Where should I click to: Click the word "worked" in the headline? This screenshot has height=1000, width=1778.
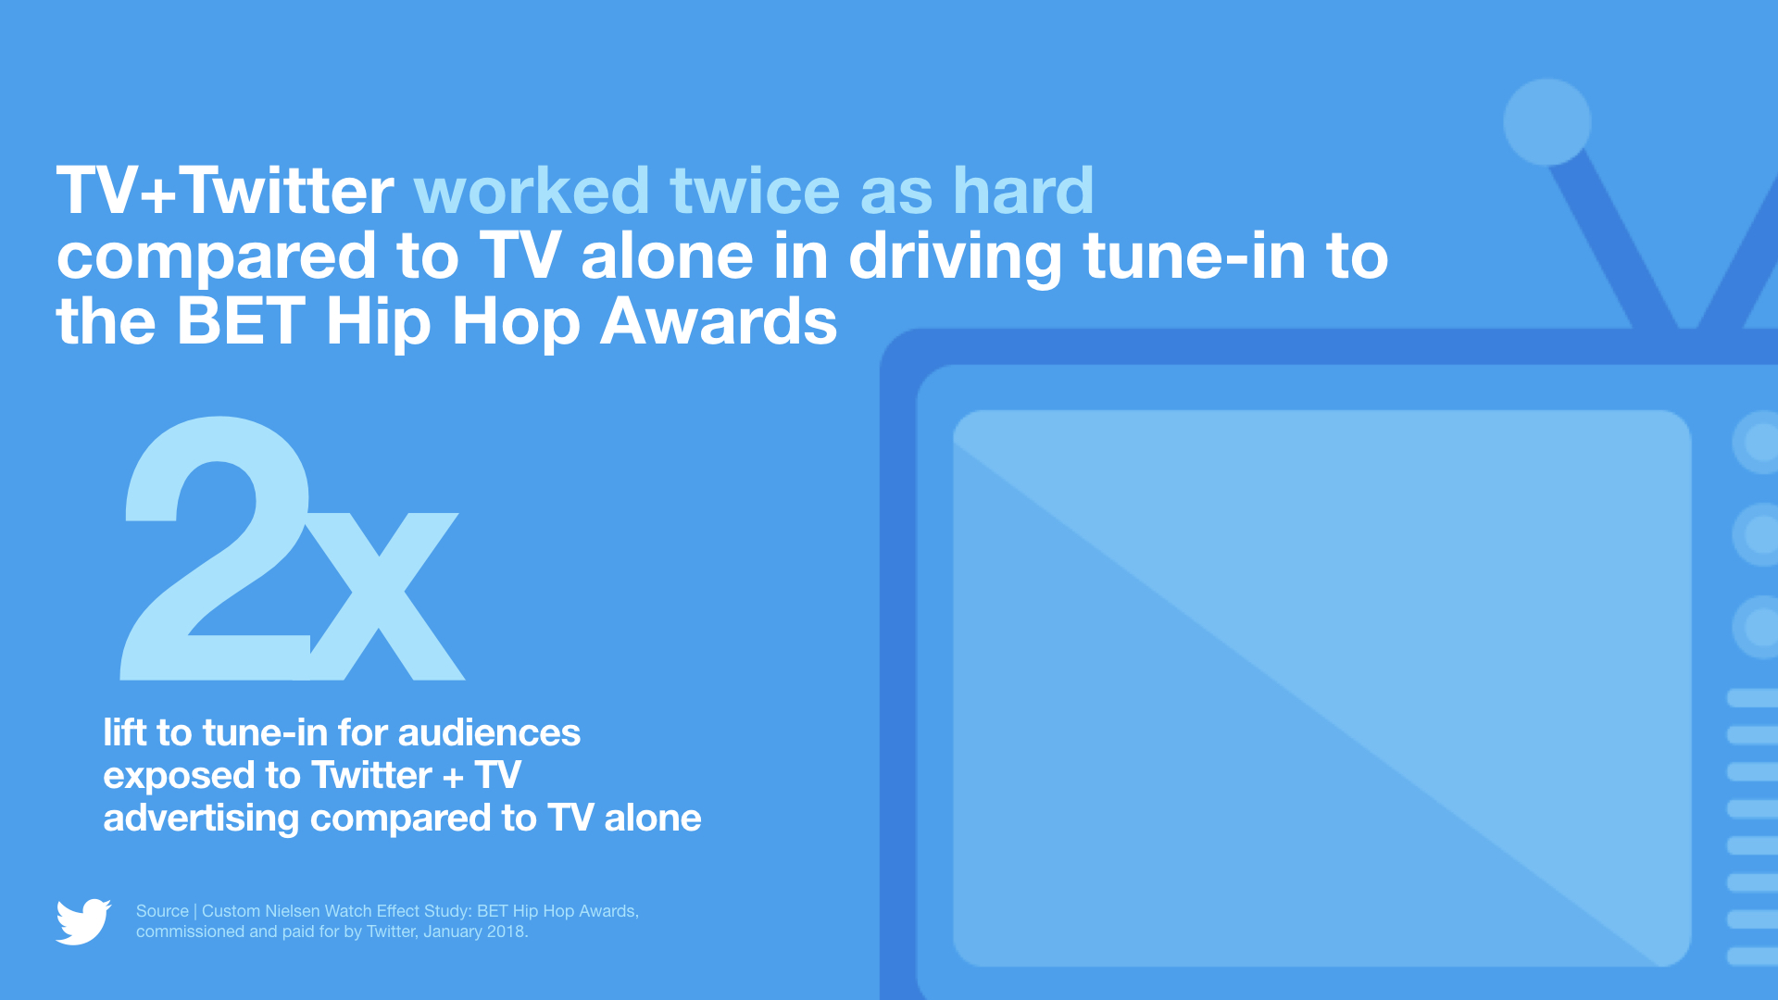[x=532, y=191]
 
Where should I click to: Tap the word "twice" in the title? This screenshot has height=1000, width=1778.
[x=755, y=191]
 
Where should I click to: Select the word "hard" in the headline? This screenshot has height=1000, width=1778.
[x=1023, y=191]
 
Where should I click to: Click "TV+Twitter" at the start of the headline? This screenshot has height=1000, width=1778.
[x=225, y=191]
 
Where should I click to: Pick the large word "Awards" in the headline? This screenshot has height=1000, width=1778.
[x=719, y=322]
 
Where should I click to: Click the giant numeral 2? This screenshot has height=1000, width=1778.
[x=216, y=548]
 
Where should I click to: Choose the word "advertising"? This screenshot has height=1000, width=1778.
[x=201, y=819]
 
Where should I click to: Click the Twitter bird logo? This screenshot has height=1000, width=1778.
[x=83, y=921]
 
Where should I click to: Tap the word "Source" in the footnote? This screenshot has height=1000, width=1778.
[x=162, y=911]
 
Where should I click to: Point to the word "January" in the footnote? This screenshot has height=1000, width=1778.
[x=453, y=931]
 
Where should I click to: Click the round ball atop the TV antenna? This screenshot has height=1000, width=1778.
[x=1547, y=122]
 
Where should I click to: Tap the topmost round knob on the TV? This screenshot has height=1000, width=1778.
[x=1756, y=442]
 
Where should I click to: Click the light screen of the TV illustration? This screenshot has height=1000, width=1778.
[x=1322, y=688]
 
